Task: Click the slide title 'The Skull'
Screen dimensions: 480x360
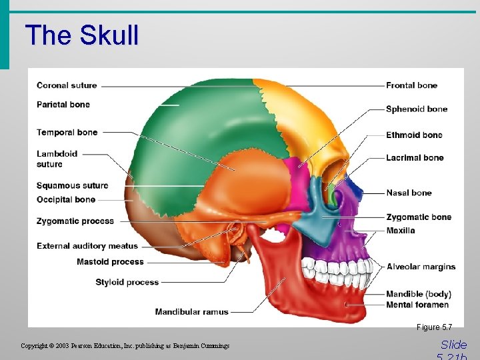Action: click(x=81, y=35)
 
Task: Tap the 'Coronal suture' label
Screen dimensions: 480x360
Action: click(x=67, y=85)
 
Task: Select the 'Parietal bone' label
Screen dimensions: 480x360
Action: click(x=63, y=105)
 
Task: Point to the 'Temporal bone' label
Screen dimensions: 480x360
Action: click(x=67, y=133)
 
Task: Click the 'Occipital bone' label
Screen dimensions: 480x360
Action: click(x=66, y=200)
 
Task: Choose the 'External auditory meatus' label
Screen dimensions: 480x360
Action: click(x=87, y=246)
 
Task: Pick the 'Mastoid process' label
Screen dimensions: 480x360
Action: click(x=110, y=262)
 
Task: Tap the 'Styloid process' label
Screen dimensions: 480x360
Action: click(x=127, y=282)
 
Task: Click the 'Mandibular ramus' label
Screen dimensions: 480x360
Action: click(x=191, y=311)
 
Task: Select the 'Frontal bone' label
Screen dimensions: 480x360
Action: click(x=411, y=85)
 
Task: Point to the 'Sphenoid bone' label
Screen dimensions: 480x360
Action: click(x=417, y=109)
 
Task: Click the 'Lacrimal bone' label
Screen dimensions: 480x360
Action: click(x=415, y=158)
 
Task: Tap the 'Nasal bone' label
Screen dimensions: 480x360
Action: click(x=409, y=193)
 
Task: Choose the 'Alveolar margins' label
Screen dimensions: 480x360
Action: click(x=421, y=267)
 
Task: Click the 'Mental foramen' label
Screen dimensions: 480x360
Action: click(x=417, y=305)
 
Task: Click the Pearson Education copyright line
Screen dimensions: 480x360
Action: click(x=125, y=346)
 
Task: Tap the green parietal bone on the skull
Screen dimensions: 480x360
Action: click(x=200, y=127)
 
